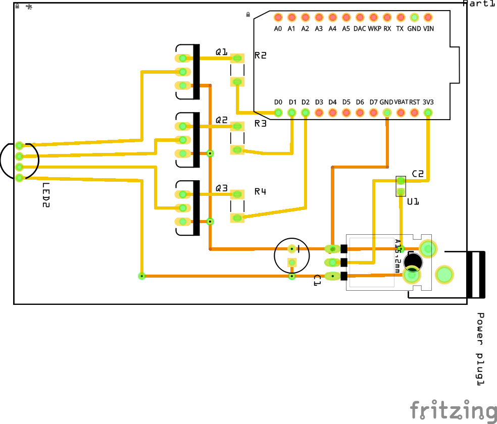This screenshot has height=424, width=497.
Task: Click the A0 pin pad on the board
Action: pos(278,18)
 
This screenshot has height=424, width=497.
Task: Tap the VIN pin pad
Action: pos(428,18)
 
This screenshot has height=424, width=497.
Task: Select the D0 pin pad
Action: pos(278,113)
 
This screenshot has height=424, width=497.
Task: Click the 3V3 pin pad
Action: pos(428,113)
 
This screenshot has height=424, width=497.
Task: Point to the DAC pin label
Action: pos(360,29)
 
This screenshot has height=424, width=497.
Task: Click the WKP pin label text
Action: pos(374,29)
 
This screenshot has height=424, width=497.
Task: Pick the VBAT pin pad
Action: pos(401,113)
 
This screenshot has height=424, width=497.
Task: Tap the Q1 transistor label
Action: pos(222,52)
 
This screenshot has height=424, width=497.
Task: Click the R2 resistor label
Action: pos(260,56)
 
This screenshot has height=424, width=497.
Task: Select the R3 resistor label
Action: pos(260,123)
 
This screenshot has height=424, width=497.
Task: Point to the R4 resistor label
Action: pos(260,192)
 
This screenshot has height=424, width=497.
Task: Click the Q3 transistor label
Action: pos(222,188)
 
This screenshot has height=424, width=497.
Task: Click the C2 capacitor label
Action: pos(418,174)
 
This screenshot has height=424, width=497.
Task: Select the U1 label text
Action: pos(413,201)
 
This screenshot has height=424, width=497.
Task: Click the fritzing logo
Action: pos(453,409)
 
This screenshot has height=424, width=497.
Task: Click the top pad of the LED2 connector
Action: pos(20,146)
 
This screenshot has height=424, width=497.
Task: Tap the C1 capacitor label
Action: pos(317,281)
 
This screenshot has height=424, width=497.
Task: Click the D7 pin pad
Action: pos(373,113)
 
